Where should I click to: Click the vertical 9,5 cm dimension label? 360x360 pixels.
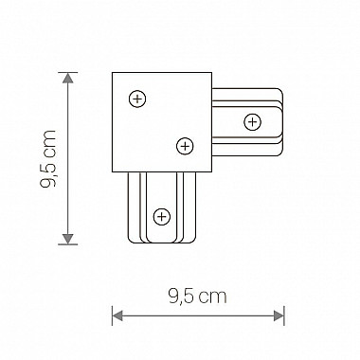pos(50,158)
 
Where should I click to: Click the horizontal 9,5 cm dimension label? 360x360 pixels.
pos(198,296)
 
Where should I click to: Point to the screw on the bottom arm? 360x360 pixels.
pos(162,217)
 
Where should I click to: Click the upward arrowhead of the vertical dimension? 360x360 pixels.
pos(67,78)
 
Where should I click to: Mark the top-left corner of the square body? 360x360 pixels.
pos(113,73)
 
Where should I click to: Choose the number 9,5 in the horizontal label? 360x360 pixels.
pos(183,296)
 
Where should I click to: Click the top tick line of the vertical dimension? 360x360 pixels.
pos(67,72)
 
